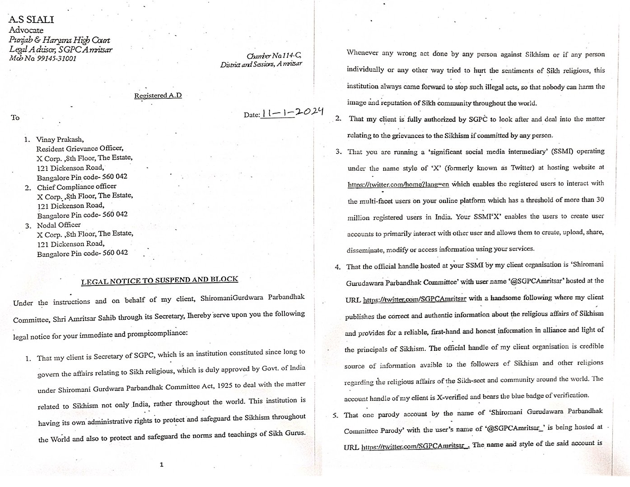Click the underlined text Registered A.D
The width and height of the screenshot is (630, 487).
click(158, 96)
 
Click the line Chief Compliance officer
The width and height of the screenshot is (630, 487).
click(76, 187)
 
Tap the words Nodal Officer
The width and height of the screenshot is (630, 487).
click(59, 225)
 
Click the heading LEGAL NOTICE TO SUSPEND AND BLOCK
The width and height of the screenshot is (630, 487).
click(159, 281)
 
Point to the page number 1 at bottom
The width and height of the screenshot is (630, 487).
click(161, 464)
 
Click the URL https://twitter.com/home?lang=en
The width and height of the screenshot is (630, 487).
click(398, 184)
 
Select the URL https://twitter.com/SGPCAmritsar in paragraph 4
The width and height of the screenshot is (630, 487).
click(415, 299)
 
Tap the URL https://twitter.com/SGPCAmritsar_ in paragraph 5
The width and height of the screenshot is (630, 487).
click(415, 446)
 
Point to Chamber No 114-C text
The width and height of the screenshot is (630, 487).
click(274, 56)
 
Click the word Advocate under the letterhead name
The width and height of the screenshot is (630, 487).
click(26, 30)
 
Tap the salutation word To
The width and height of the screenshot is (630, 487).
click(15, 118)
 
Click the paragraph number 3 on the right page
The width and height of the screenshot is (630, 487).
click(338, 151)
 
